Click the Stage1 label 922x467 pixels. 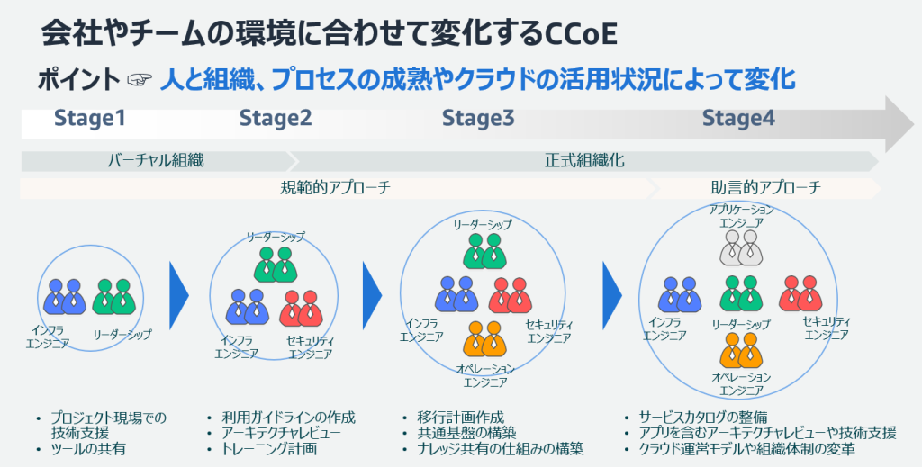[x=89, y=119]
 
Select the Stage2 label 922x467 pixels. [x=276, y=119]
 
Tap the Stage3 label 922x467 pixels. [x=478, y=119]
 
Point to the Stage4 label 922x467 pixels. [x=738, y=119]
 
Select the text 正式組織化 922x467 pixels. [x=584, y=161]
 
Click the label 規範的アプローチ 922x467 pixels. [x=336, y=188]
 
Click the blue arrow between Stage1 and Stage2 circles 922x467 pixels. [x=178, y=294]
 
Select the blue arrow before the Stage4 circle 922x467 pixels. [x=612, y=294]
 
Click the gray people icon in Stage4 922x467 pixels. [x=741, y=248]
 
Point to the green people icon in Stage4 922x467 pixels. [x=741, y=293]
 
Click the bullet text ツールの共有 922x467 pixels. [x=86, y=448]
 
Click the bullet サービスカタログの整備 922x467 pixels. [x=702, y=418]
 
